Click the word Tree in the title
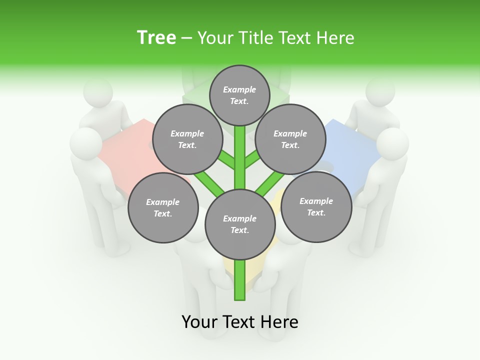click(156, 38)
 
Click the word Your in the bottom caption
click(199, 322)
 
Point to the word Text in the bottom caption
click(238, 322)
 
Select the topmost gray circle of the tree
click(239, 95)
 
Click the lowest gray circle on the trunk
click(240, 224)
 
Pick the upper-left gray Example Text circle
click(187, 139)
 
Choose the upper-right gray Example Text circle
click(290, 139)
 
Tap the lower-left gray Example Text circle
click(163, 207)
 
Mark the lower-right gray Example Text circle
click(316, 207)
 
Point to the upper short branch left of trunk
click(228, 160)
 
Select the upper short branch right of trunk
click(252, 160)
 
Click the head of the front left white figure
click(85, 144)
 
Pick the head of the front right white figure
click(392, 143)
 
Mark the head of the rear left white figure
click(98, 91)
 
